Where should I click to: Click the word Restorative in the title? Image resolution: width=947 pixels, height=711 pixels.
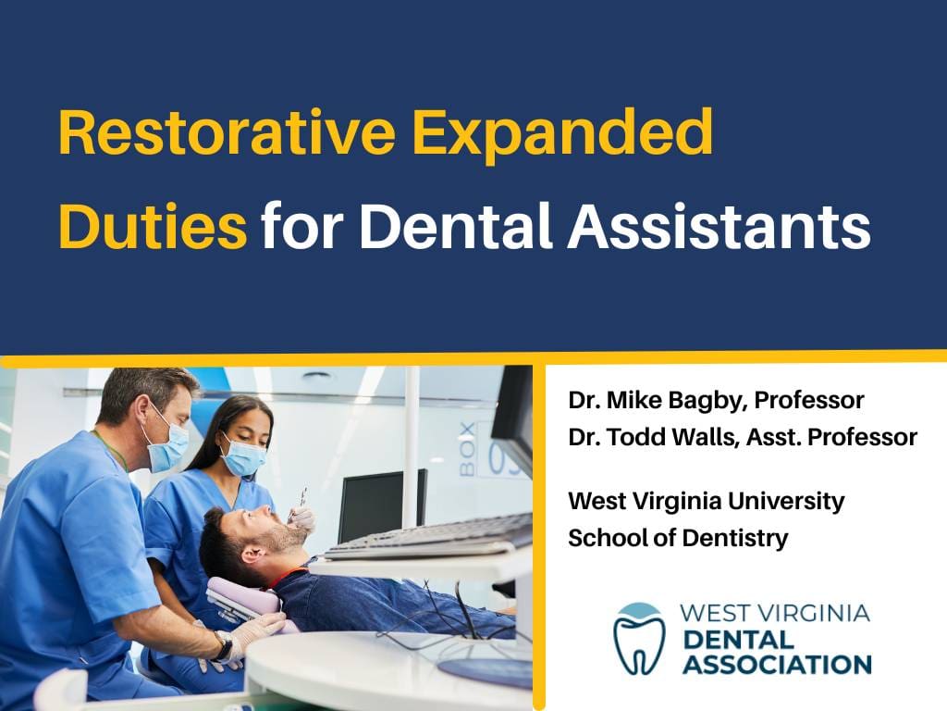click(x=228, y=131)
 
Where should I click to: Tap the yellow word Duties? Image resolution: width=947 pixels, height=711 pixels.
click(x=153, y=226)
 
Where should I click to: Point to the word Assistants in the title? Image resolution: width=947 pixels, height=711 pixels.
click(x=719, y=226)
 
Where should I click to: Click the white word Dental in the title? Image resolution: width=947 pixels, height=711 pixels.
click(x=456, y=226)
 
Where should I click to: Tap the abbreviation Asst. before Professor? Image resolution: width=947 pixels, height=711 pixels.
click(x=774, y=437)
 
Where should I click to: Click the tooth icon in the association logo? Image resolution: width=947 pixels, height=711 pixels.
click(x=639, y=639)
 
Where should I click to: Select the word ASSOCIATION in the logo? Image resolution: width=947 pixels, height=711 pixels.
click(x=777, y=665)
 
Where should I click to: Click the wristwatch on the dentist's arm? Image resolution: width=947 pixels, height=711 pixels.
click(x=223, y=645)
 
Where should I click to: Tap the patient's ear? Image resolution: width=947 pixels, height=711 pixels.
click(x=252, y=552)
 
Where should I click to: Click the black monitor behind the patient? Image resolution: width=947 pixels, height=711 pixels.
click(x=382, y=505)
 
